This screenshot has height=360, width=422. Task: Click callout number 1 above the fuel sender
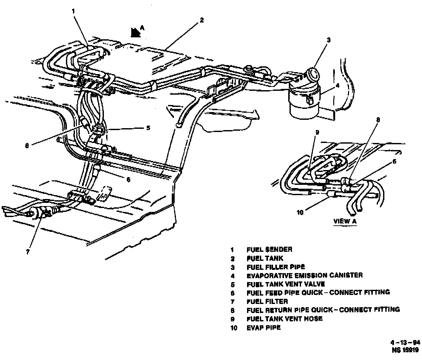[x=73, y=11]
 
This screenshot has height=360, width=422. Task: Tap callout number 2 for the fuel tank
[x=201, y=20]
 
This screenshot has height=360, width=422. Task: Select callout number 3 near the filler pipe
[x=328, y=40]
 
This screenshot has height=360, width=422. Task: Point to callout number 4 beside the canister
[x=328, y=86]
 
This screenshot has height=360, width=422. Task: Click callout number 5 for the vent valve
[x=148, y=128]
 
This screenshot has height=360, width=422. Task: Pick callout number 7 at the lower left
[x=28, y=252]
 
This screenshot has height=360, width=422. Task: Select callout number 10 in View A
[x=300, y=213]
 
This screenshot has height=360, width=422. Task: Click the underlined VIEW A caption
[x=345, y=221]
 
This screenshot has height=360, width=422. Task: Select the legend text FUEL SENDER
[x=270, y=250]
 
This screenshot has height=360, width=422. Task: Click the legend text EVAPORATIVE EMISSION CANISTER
[x=305, y=275]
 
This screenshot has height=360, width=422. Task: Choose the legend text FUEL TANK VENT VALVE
[x=286, y=284]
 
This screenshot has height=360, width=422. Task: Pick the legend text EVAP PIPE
[x=264, y=327]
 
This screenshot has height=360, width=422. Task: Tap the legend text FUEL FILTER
[x=267, y=301]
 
